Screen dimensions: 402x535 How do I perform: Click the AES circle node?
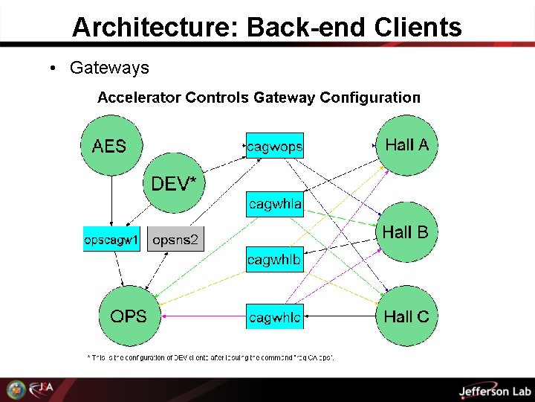[110, 146]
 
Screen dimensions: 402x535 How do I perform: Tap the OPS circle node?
[129, 316]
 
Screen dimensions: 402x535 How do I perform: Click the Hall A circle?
[406, 144]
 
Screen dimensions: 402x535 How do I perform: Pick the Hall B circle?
[406, 232]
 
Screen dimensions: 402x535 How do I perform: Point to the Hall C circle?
[406, 316]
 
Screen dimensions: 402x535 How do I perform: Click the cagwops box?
[275, 146]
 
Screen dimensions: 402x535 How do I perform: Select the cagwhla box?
[275, 203]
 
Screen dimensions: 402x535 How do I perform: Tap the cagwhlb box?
[274, 259]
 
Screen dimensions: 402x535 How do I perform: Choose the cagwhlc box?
[275, 317]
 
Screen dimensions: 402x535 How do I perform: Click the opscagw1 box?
[111, 240]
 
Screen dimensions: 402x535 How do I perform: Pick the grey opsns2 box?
[175, 240]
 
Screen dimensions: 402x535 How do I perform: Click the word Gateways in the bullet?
[109, 68]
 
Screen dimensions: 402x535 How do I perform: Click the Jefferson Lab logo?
[494, 391]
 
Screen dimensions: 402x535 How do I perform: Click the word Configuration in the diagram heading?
[372, 98]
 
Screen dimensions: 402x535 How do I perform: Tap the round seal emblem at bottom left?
[16, 390]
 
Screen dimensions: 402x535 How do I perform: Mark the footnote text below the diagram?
[211, 357]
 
